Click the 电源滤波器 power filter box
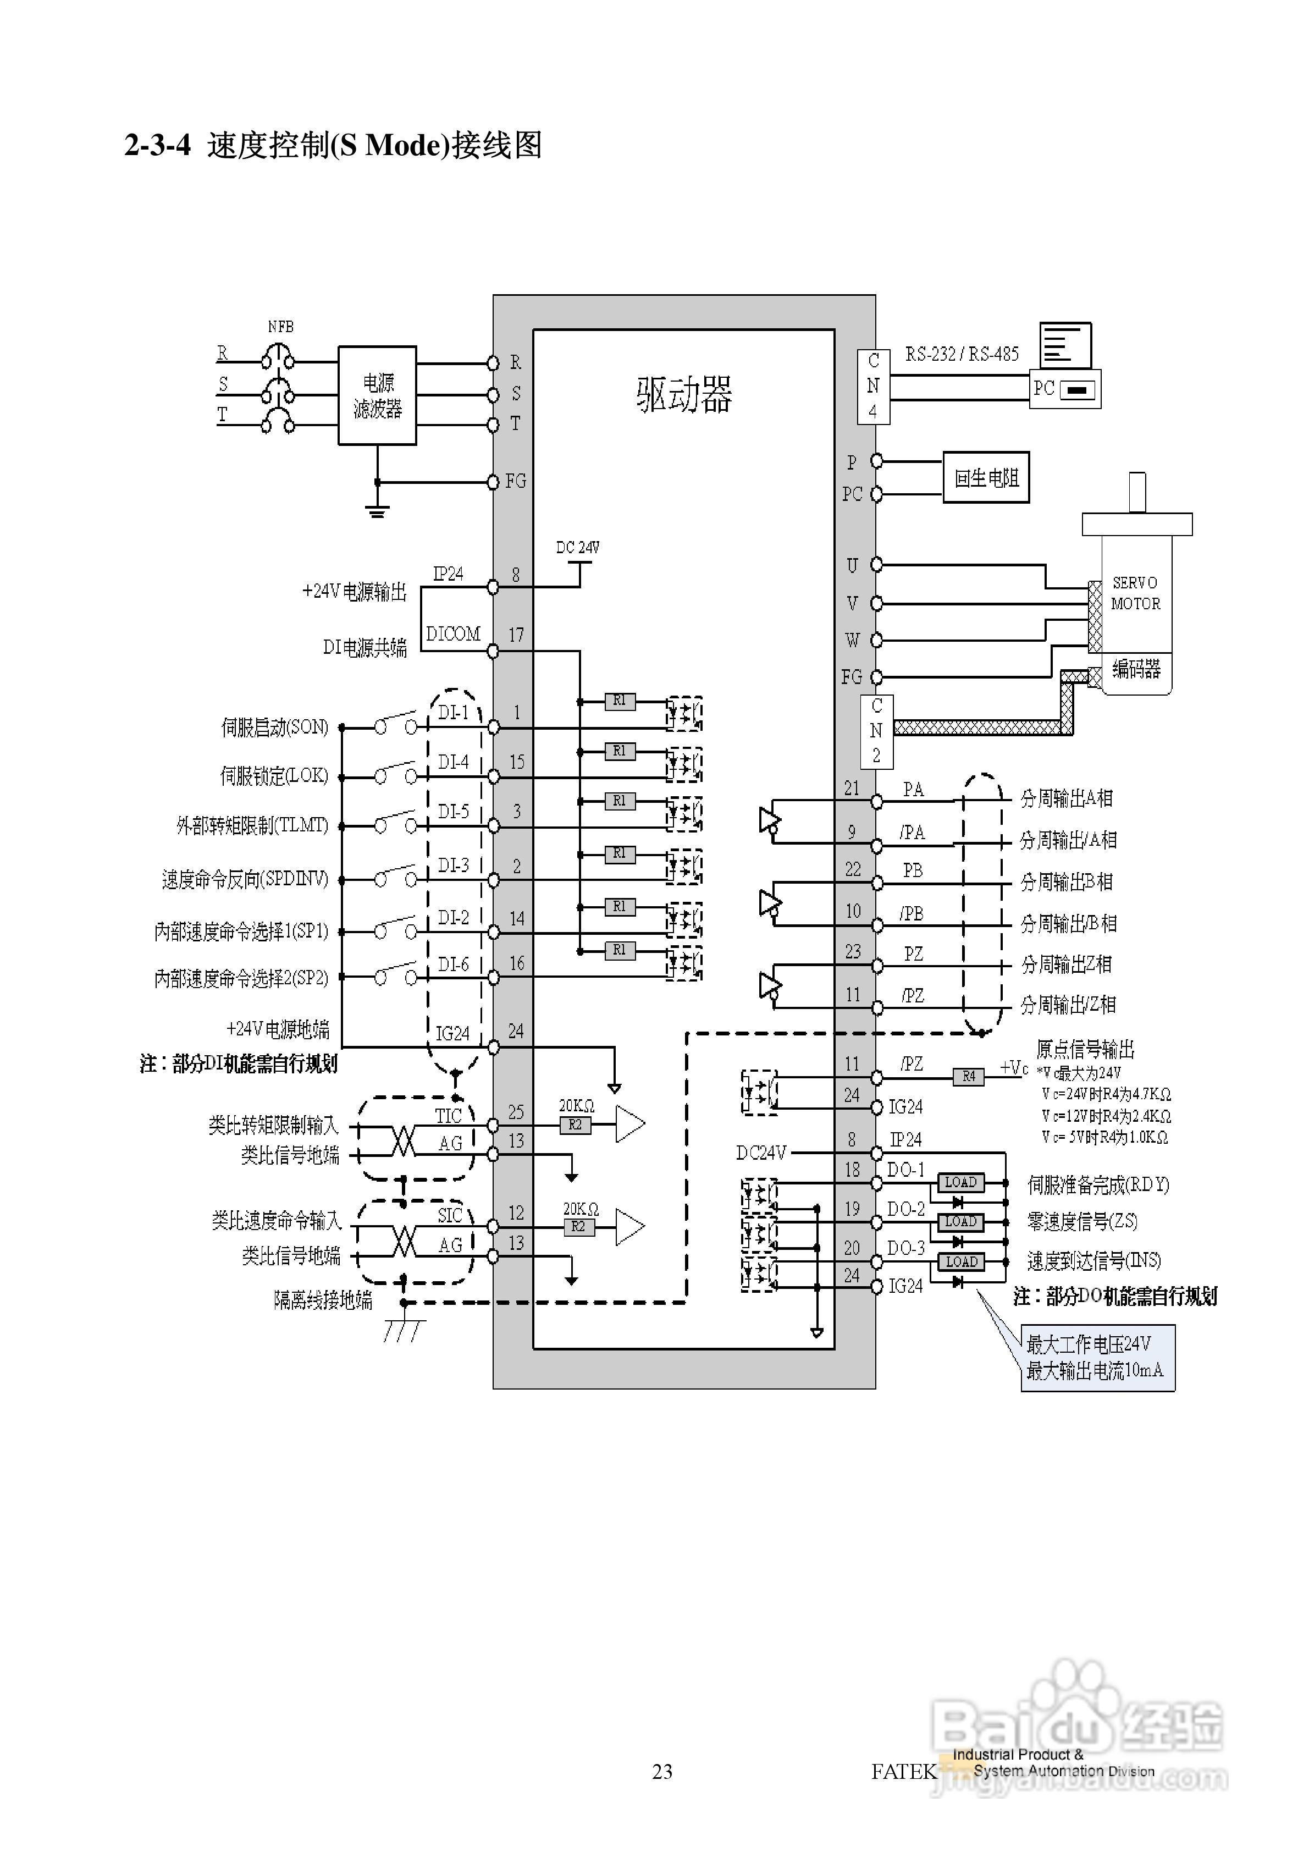[x=377, y=395]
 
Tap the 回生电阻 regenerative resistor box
[x=986, y=477]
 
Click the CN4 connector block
[x=872, y=387]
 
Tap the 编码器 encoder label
[x=1136, y=669]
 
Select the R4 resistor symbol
[x=969, y=1076]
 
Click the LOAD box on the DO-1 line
[x=960, y=1182]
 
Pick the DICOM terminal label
[x=452, y=634]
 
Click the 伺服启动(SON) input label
[x=274, y=727]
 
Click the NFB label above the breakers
[x=281, y=327]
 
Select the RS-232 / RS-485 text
[x=962, y=354]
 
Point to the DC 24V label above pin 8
[x=577, y=548]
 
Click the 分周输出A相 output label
[x=1066, y=798]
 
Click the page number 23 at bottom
[x=662, y=1771]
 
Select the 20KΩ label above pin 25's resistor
[x=577, y=1106]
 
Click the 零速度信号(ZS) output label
[x=1081, y=1222]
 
